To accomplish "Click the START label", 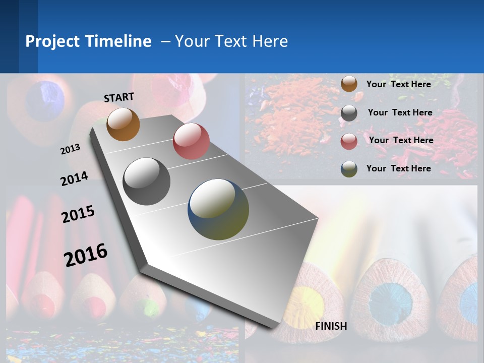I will [119, 97].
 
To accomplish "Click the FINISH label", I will [331, 326].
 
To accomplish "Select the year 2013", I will [71, 149].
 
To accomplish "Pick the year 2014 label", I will [74, 179].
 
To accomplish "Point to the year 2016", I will [86, 255].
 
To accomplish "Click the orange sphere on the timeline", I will [123, 124].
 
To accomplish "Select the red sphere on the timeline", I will [191, 141].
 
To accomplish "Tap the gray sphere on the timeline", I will [147, 181].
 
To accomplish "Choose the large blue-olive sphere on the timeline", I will [218, 209].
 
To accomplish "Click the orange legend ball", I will [349, 84].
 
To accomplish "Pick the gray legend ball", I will [349, 112].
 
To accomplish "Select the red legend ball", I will [349, 141].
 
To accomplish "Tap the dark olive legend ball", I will [349, 169].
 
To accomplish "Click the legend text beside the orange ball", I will [398, 84].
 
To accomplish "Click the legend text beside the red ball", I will [401, 140].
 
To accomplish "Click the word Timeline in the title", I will [118, 41].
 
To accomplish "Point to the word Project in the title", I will [52, 41].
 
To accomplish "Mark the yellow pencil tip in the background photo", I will [305, 306].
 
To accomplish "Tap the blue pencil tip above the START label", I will [45, 100].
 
